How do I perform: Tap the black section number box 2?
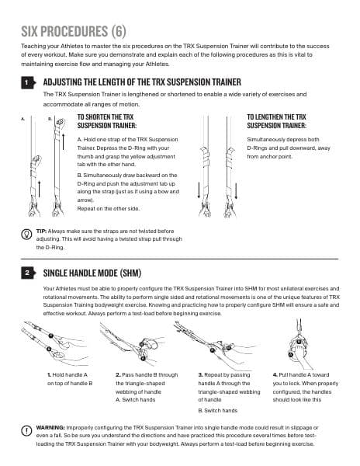28,273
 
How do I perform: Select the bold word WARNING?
54,427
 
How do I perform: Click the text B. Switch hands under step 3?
220,409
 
